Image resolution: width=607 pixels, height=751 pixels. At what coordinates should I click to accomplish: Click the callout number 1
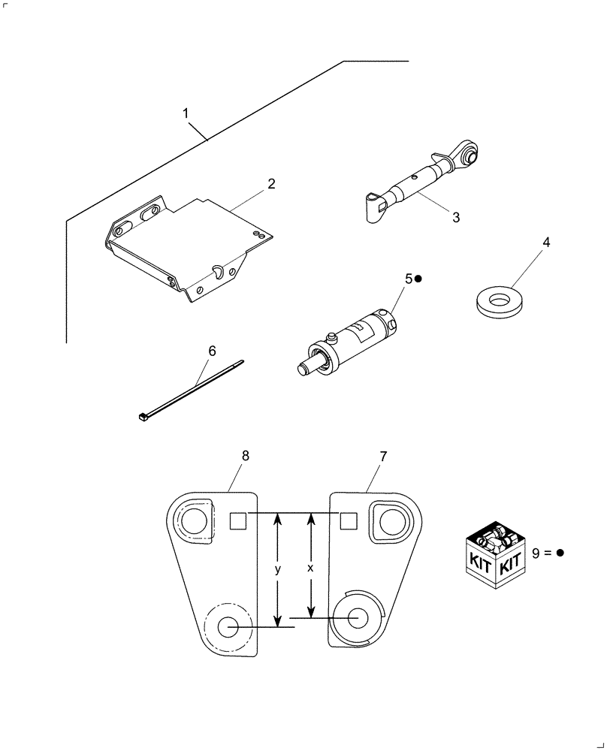click(x=186, y=113)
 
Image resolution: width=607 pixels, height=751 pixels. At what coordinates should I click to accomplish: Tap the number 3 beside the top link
click(x=455, y=217)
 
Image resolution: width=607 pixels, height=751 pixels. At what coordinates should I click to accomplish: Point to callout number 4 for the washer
click(x=546, y=243)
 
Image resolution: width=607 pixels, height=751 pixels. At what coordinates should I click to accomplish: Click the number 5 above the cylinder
click(x=409, y=279)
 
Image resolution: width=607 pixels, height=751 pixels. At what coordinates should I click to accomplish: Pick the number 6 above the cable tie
click(x=212, y=351)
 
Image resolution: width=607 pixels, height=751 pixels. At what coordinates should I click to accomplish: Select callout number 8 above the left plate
click(x=246, y=456)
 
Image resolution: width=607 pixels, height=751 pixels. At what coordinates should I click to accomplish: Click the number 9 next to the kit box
click(x=536, y=553)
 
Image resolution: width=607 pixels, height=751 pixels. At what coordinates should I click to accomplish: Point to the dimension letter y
click(x=277, y=570)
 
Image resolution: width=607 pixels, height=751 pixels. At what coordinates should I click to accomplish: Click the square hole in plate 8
click(x=237, y=520)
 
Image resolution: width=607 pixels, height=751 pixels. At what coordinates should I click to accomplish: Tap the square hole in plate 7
click(x=348, y=520)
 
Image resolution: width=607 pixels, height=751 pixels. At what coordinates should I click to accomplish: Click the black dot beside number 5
click(x=419, y=279)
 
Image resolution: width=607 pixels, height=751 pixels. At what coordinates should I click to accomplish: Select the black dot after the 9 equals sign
click(x=560, y=553)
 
